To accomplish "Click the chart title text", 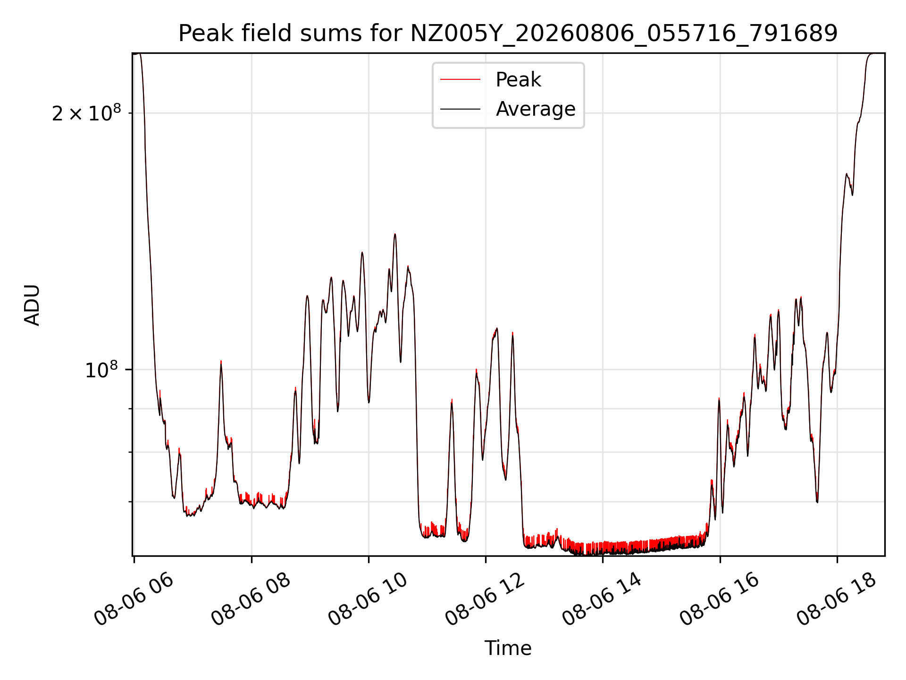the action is pos(508,34).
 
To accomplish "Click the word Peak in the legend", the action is pos(518,80).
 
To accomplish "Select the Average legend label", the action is pos(536,109).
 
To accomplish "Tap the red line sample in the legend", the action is pos(460,80).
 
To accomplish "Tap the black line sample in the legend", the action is pos(460,109).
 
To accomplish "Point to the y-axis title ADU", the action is pos(32,305).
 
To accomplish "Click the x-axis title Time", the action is pos(508,648).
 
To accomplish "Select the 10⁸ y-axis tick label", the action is pos(101,369).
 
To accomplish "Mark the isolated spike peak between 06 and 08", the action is pos(221,362).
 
